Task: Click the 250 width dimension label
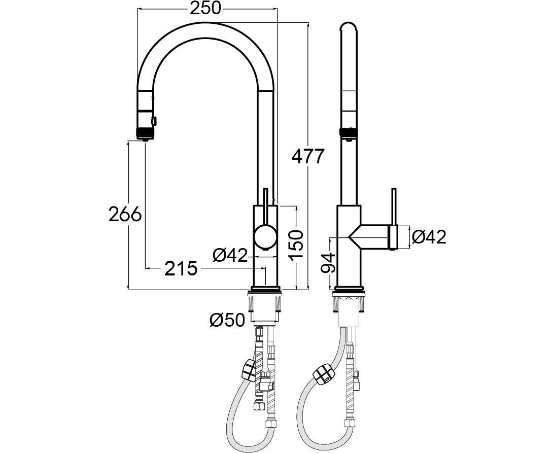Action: (205, 8)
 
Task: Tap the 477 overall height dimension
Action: (308, 156)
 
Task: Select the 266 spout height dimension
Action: (125, 214)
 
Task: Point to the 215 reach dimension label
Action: (181, 269)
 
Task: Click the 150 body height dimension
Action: (296, 245)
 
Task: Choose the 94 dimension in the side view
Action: (328, 263)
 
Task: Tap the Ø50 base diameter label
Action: (227, 321)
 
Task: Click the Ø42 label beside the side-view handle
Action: (429, 237)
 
